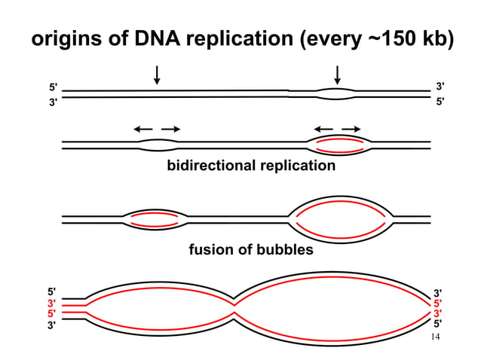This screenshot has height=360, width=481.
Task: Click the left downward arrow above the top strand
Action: (x=157, y=75)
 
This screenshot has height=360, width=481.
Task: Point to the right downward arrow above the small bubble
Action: (x=337, y=75)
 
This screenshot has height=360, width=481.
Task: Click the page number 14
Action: (x=434, y=337)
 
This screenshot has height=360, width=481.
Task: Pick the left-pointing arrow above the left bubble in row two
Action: (x=143, y=129)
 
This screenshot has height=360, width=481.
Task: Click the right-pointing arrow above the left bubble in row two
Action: (x=171, y=129)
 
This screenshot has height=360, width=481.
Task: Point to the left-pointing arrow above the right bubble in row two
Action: (x=323, y=129)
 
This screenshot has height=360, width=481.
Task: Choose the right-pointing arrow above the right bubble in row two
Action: (x=351, y=129)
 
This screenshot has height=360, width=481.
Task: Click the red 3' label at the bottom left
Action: (x=51, y=303)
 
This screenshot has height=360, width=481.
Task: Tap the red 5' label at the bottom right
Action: (x=437, y=304)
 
